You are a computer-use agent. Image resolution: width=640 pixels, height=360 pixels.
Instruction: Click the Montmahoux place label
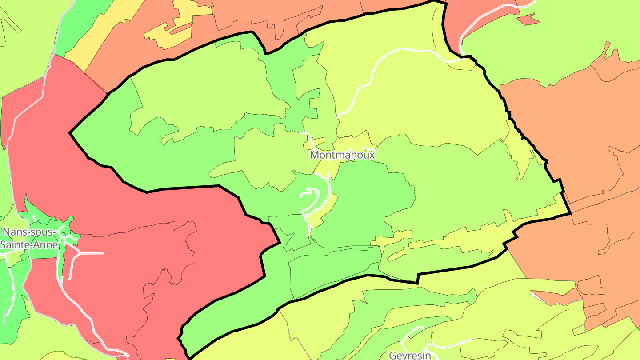tap(342, 155)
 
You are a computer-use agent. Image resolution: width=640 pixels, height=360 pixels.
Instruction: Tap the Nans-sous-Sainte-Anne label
tap(29, 238)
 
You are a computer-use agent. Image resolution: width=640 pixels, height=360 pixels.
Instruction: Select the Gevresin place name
tap(410, 355)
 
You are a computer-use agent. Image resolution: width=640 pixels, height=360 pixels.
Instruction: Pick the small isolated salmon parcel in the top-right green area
tap(528, 19)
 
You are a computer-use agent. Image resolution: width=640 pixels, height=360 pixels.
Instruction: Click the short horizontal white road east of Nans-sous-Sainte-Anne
tap(91, 253)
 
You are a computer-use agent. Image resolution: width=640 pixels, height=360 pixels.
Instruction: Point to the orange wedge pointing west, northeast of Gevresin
tap(556, 297)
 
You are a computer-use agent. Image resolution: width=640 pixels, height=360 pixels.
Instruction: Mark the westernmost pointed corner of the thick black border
tap(70, 132)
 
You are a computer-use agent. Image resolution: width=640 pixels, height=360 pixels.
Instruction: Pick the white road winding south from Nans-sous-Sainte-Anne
tap(76, 302)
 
